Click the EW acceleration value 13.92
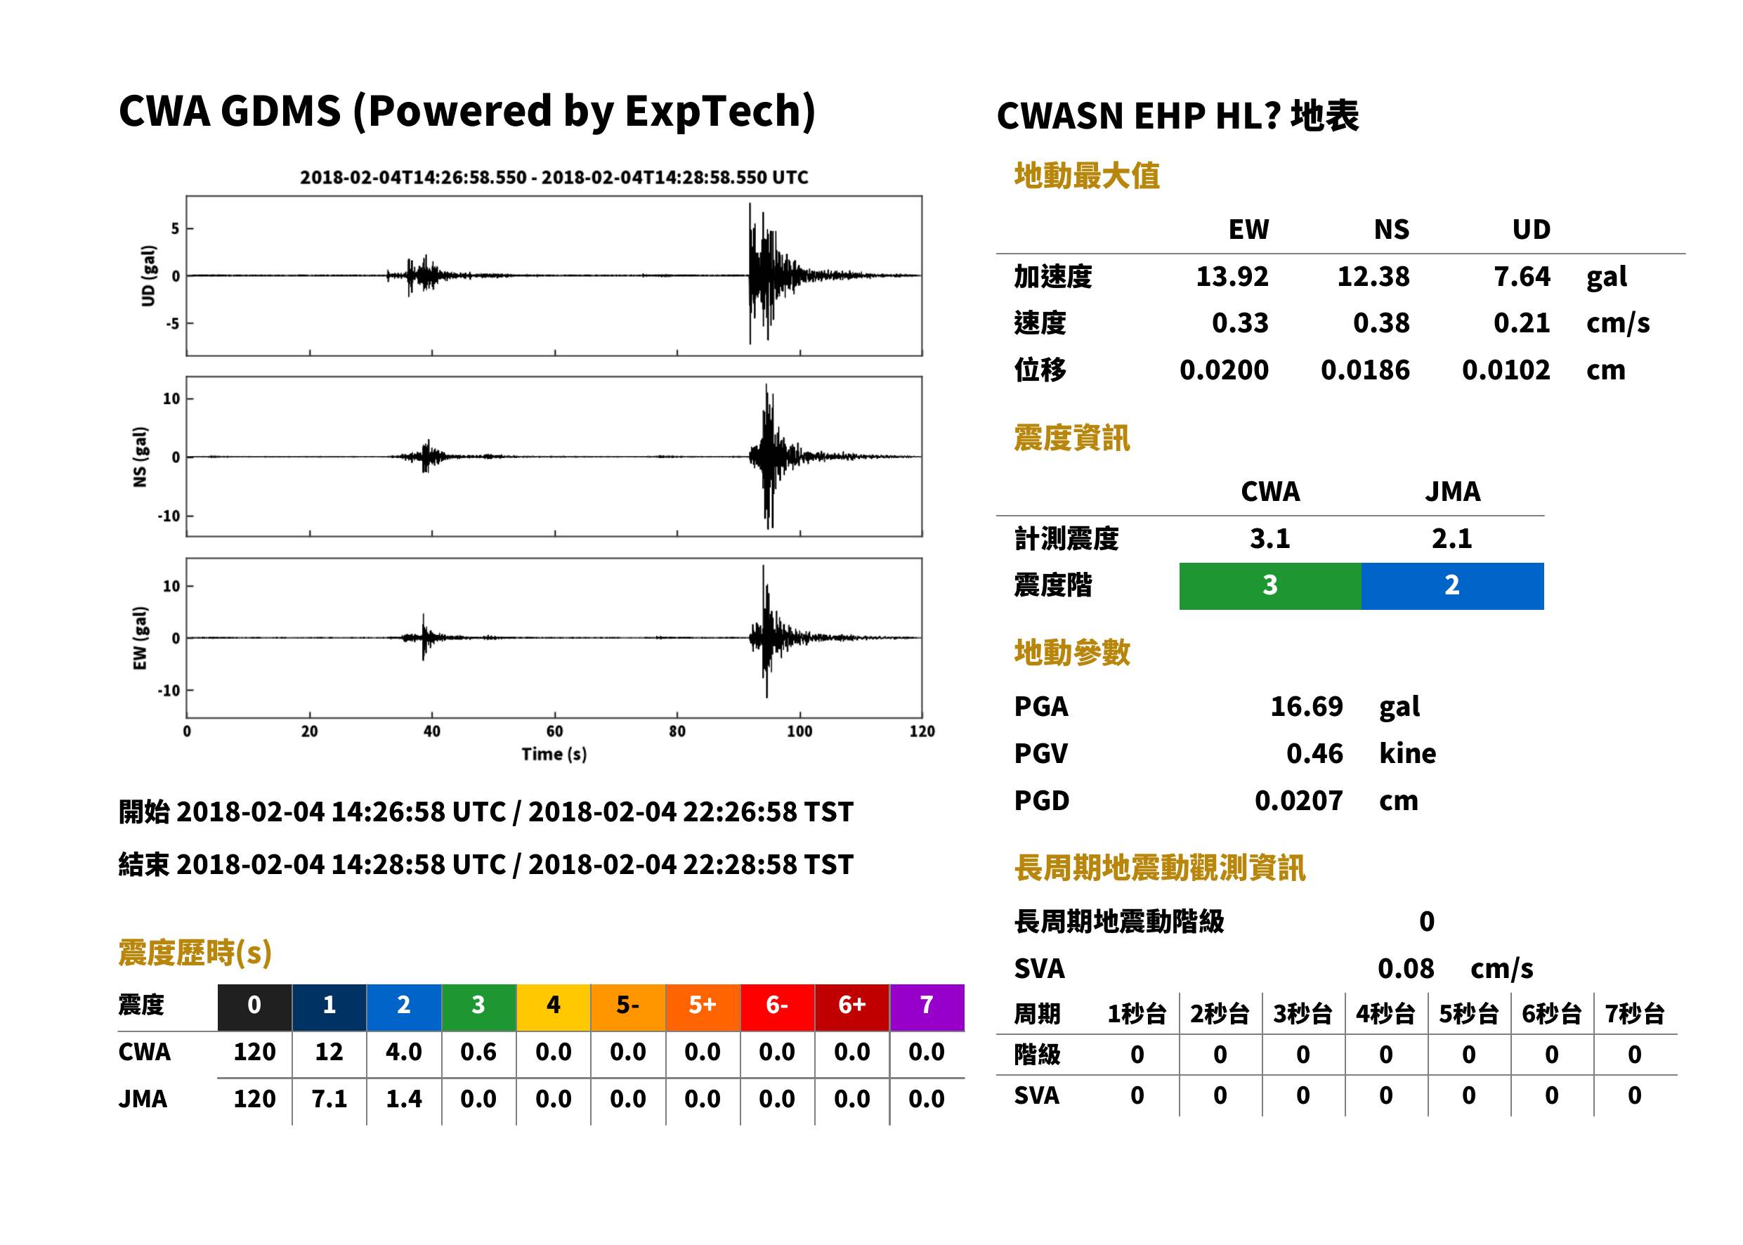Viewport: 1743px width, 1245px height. [x=1232, y=277]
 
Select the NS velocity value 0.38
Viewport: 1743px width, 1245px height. [x=1380, y=323]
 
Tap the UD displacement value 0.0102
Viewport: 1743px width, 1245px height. [x=1506, y=370]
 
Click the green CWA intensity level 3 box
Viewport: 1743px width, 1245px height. [x=1270, y=586]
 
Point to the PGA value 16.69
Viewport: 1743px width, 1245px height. [x=1306, y=706]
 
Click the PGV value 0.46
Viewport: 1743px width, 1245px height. [x=1314, y=754]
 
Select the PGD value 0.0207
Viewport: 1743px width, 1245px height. [x=1298, y=801]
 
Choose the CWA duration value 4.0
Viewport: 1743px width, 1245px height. [x=404, y=1052]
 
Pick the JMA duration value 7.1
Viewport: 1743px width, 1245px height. [x=329, y=1100]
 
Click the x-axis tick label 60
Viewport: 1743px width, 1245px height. [x=554, y=731]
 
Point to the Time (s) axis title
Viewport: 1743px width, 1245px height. [x=554, y=755]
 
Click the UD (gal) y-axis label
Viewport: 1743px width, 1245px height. [x=148, y=276]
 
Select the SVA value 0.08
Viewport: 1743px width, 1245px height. [x=1406, y=969]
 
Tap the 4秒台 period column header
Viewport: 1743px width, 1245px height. [x=1385, y=1015]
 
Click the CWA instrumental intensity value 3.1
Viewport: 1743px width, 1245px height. [x=1270, y=539]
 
